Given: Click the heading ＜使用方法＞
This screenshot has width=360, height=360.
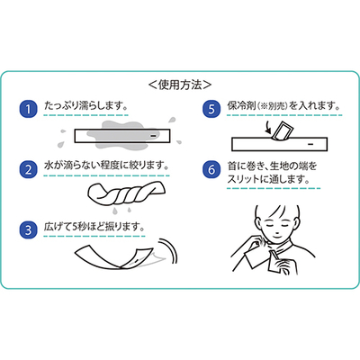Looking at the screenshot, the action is tap(180, 85).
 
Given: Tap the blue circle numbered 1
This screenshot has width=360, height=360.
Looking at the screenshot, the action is tap(28, 109).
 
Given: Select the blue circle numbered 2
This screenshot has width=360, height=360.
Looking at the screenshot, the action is tap(28, 169).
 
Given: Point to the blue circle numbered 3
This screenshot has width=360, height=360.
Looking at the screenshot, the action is tap(28, 229).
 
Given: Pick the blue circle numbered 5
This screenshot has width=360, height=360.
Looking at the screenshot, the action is tap(211, 109).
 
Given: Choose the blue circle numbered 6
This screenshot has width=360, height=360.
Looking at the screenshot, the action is tap(211, 169).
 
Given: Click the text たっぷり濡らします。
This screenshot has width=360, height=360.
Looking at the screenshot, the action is tap(86, 106).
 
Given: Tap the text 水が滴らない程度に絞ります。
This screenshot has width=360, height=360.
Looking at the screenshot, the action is tap(106, 166).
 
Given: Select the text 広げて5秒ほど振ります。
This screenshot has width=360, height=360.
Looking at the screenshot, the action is tap(94, 227).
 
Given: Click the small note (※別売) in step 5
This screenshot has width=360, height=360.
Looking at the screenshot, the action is tap(273, 106).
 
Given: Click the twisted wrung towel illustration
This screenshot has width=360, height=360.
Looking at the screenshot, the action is tap(127, 193).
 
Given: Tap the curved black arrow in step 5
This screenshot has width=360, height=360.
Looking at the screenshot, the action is tap(268, 127).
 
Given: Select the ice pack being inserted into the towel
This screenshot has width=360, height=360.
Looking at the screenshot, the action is tap(282, 130).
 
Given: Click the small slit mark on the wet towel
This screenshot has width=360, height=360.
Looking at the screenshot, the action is tap(153, 136).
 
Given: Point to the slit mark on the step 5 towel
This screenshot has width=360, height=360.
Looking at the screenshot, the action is tap(310, 144).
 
